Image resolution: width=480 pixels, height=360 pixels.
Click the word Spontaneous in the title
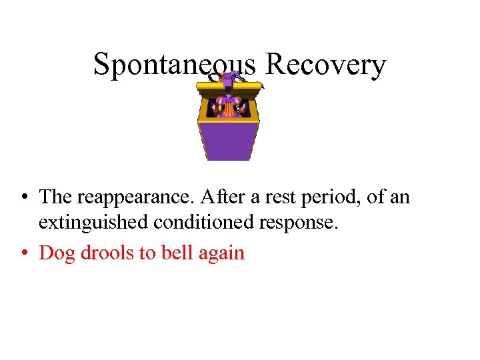coord(174,65)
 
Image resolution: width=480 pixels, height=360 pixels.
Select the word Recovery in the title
coord(325,65)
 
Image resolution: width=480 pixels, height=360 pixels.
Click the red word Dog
coord(57,253)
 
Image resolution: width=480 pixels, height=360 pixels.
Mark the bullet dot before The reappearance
coord(23,198)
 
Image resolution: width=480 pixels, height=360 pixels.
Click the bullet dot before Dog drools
coord(23,253)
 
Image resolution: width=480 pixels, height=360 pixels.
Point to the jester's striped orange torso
coord(228,107)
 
